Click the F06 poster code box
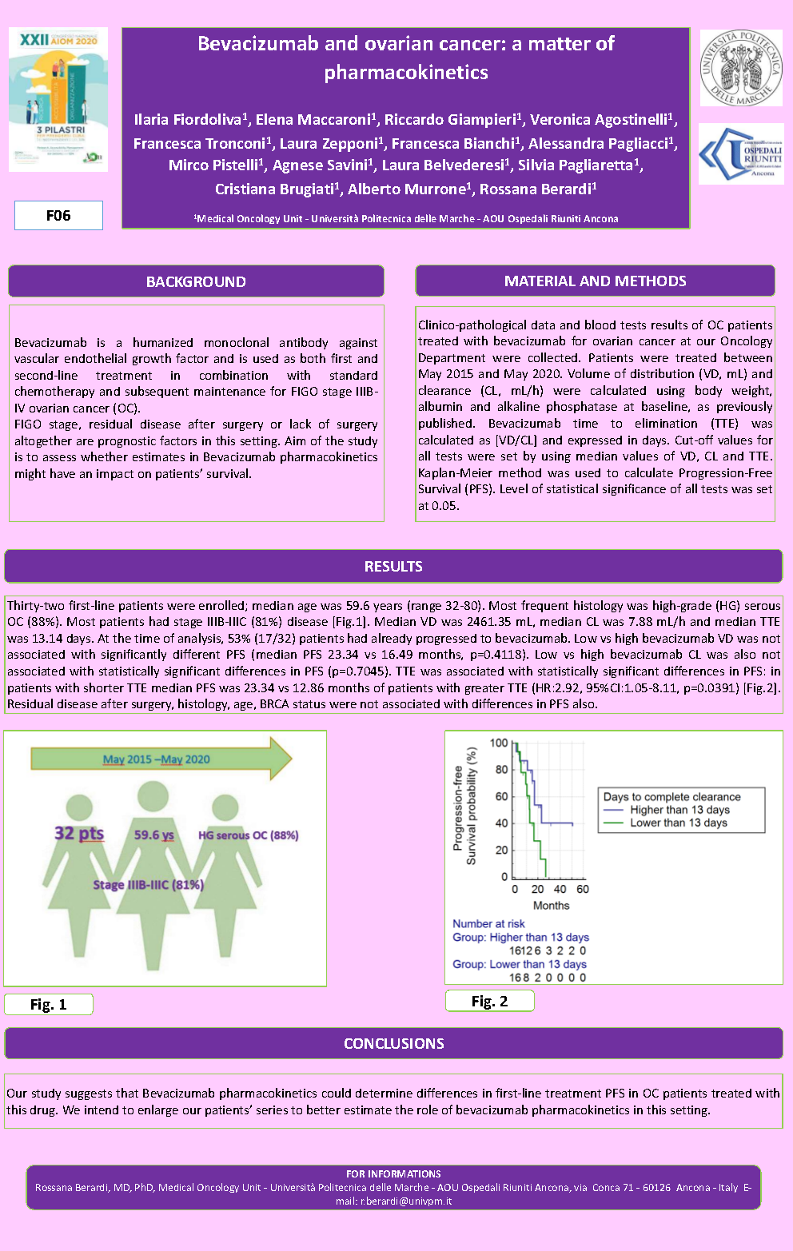pos(58,215)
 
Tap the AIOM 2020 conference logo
pos(58,99)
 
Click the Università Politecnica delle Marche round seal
pos(741,68)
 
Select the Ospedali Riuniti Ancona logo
pos(741,154)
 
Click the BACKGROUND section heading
pos(196,281)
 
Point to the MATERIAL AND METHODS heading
pos(595,281)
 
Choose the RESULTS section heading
pos(393,566)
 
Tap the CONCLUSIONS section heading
pos(393,1043)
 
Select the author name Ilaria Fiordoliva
pos(188,120)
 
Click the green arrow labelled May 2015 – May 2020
pos(161,759)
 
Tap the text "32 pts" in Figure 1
pos(79,834)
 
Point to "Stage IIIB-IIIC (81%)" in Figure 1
pos(148,885)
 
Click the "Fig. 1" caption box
pos(49,1004)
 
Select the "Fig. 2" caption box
pos(489,1001)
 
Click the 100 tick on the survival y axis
pos(499,743)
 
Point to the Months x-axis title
pos(551,906)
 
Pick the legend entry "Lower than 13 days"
pos(678,823)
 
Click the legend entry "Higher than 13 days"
pos(679,810)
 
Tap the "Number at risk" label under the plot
pos(488,923)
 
